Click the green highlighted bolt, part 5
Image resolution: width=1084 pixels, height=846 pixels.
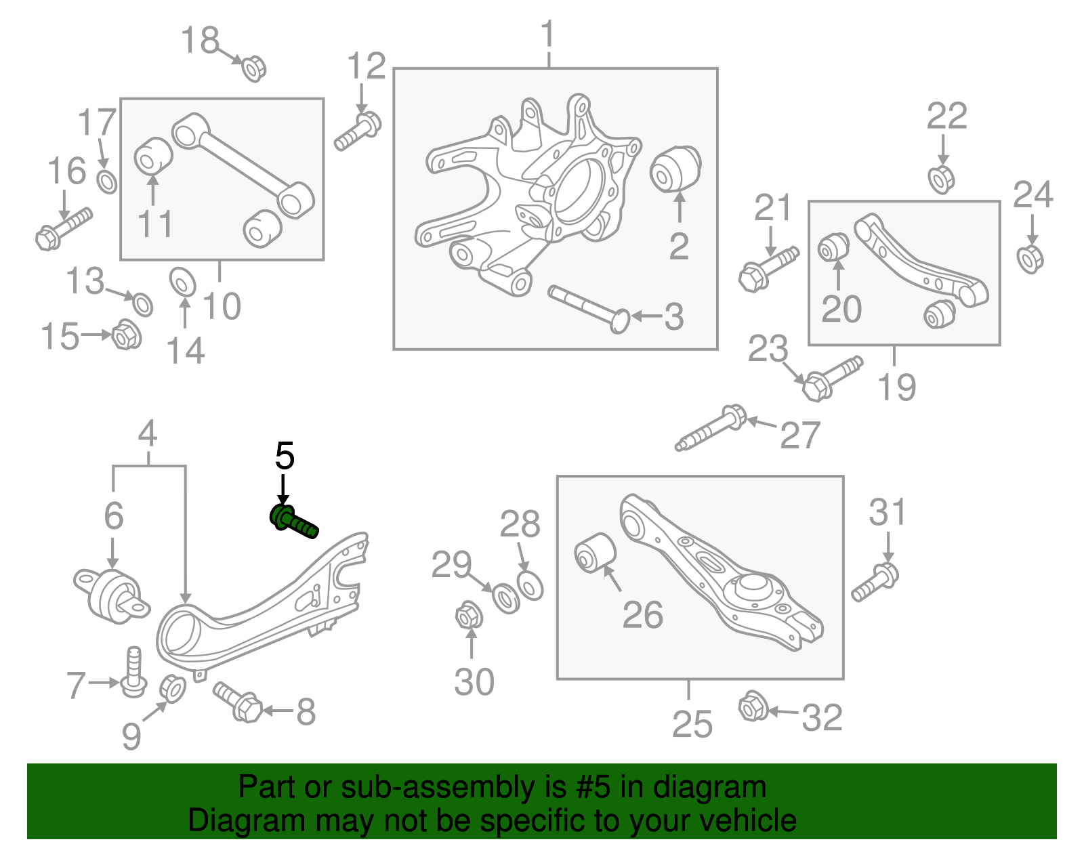click(x=293, y=521)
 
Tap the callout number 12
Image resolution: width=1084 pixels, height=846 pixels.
click(x=366, y=66)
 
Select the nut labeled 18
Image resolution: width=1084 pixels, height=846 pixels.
click(x=254, y=68)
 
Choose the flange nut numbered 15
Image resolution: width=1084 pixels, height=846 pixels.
click(x=126, y=335)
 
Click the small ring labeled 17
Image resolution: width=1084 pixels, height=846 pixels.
click(x=107, y=182)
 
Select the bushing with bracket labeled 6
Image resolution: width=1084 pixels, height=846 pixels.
click(x=112, y=594)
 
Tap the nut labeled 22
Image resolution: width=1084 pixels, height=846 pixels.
click(x=941, y=179)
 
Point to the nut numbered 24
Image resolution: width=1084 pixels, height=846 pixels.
click(x=1030, y=259)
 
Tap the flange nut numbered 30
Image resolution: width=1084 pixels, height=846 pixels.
click(x=467, y=617)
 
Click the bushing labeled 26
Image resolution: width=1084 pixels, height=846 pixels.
click(x=595, y=553)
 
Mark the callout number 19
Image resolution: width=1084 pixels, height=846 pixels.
click(x=896, y=387)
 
